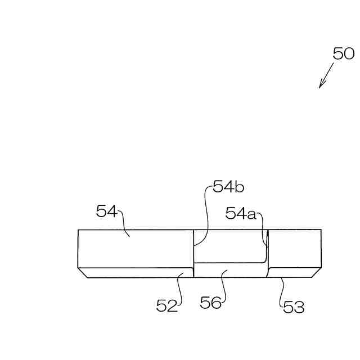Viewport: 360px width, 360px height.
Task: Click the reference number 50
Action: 343,54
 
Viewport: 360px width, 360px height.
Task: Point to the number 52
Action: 167,305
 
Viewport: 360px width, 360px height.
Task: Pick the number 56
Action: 211,303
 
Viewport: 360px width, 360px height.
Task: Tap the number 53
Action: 294,307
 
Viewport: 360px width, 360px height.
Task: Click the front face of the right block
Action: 294,248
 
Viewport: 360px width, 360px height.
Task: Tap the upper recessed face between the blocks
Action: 229,246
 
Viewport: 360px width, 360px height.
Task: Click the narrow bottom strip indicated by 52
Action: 135,273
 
